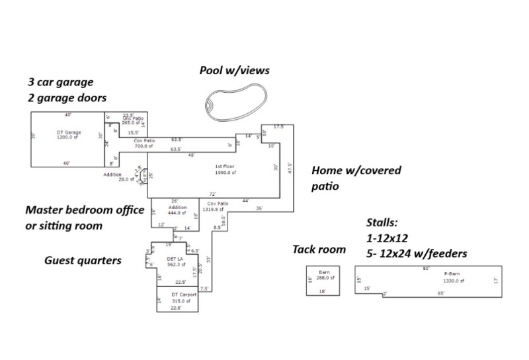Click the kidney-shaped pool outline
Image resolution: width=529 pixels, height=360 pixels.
(235, 104)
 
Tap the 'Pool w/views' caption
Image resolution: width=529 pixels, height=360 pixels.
(235, 70)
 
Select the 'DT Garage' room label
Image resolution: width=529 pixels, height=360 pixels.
(69, 132)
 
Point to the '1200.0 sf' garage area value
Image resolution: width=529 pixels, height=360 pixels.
(69, 137)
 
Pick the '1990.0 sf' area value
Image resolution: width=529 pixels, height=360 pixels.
(225, 172)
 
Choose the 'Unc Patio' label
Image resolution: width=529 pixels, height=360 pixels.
(133, 117)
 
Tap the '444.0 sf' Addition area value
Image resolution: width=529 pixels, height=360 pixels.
(175, 214)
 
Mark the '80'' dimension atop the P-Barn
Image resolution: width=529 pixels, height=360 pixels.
(427, 268)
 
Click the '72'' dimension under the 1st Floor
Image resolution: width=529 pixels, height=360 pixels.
(213, 194)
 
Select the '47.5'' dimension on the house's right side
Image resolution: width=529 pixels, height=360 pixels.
(289, 168)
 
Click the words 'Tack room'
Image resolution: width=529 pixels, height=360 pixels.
(319, 249)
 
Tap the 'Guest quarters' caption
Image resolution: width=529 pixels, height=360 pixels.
(83, 261)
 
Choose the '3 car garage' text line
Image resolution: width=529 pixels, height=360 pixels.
(60, 83)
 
